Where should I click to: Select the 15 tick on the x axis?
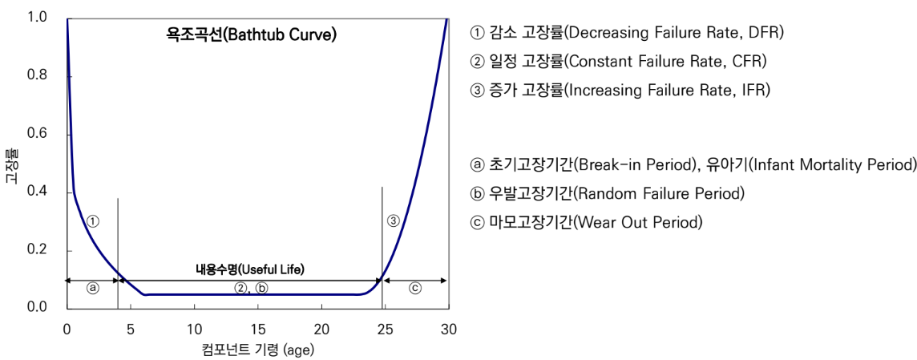point(257,329)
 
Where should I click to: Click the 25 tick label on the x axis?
point(385,329)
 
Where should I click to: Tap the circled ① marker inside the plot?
point(93,221)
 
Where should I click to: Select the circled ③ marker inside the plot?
point(393,221)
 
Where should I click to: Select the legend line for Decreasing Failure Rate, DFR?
point(626,33)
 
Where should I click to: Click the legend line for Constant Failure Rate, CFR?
point(619,62)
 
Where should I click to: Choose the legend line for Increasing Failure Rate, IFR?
point(620,90)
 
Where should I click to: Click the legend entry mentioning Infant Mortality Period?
point(693,165)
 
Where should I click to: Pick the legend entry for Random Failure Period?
point(607,193)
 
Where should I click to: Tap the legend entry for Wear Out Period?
point(586,221)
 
